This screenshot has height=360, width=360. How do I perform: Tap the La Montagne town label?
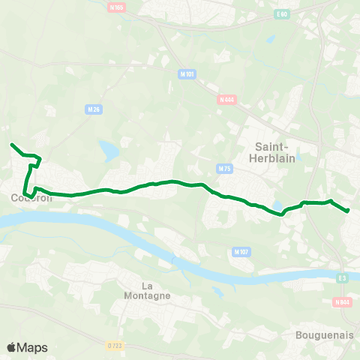tap(157, 290)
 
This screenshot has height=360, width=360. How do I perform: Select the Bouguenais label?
tap(325, 336)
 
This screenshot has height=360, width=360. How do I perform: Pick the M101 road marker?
tap(187, 74)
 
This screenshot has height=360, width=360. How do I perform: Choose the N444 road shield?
tap(226, 99)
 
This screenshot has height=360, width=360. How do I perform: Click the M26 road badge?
tap(94, 109)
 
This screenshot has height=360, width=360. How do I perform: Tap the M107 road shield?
tap(241, 251)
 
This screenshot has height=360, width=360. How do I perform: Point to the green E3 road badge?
tap(342, 278)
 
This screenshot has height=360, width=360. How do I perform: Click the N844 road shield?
tap(341, 302)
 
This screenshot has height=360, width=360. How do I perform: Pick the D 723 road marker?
tap(114, 345)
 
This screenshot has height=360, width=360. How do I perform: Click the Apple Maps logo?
tap(28, 347)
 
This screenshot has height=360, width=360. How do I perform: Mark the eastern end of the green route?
tap(349, 211)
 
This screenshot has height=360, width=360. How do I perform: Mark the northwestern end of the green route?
tap(11, 143)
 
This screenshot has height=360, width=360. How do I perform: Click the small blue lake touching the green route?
tap(279, 205)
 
